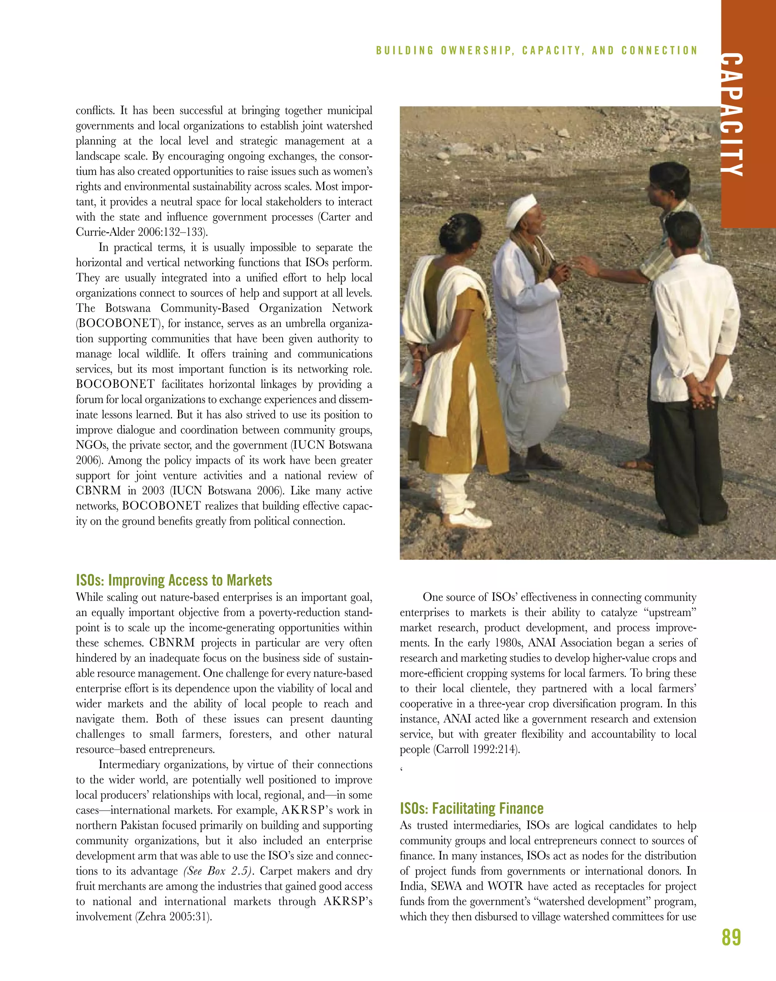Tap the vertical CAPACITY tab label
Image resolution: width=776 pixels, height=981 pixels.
click(x=732, y=114)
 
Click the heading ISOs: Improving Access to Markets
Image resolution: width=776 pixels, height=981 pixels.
click(x=174, y=580)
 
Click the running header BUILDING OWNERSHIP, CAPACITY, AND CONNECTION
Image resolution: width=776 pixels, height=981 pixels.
click(x=537, y=50)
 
